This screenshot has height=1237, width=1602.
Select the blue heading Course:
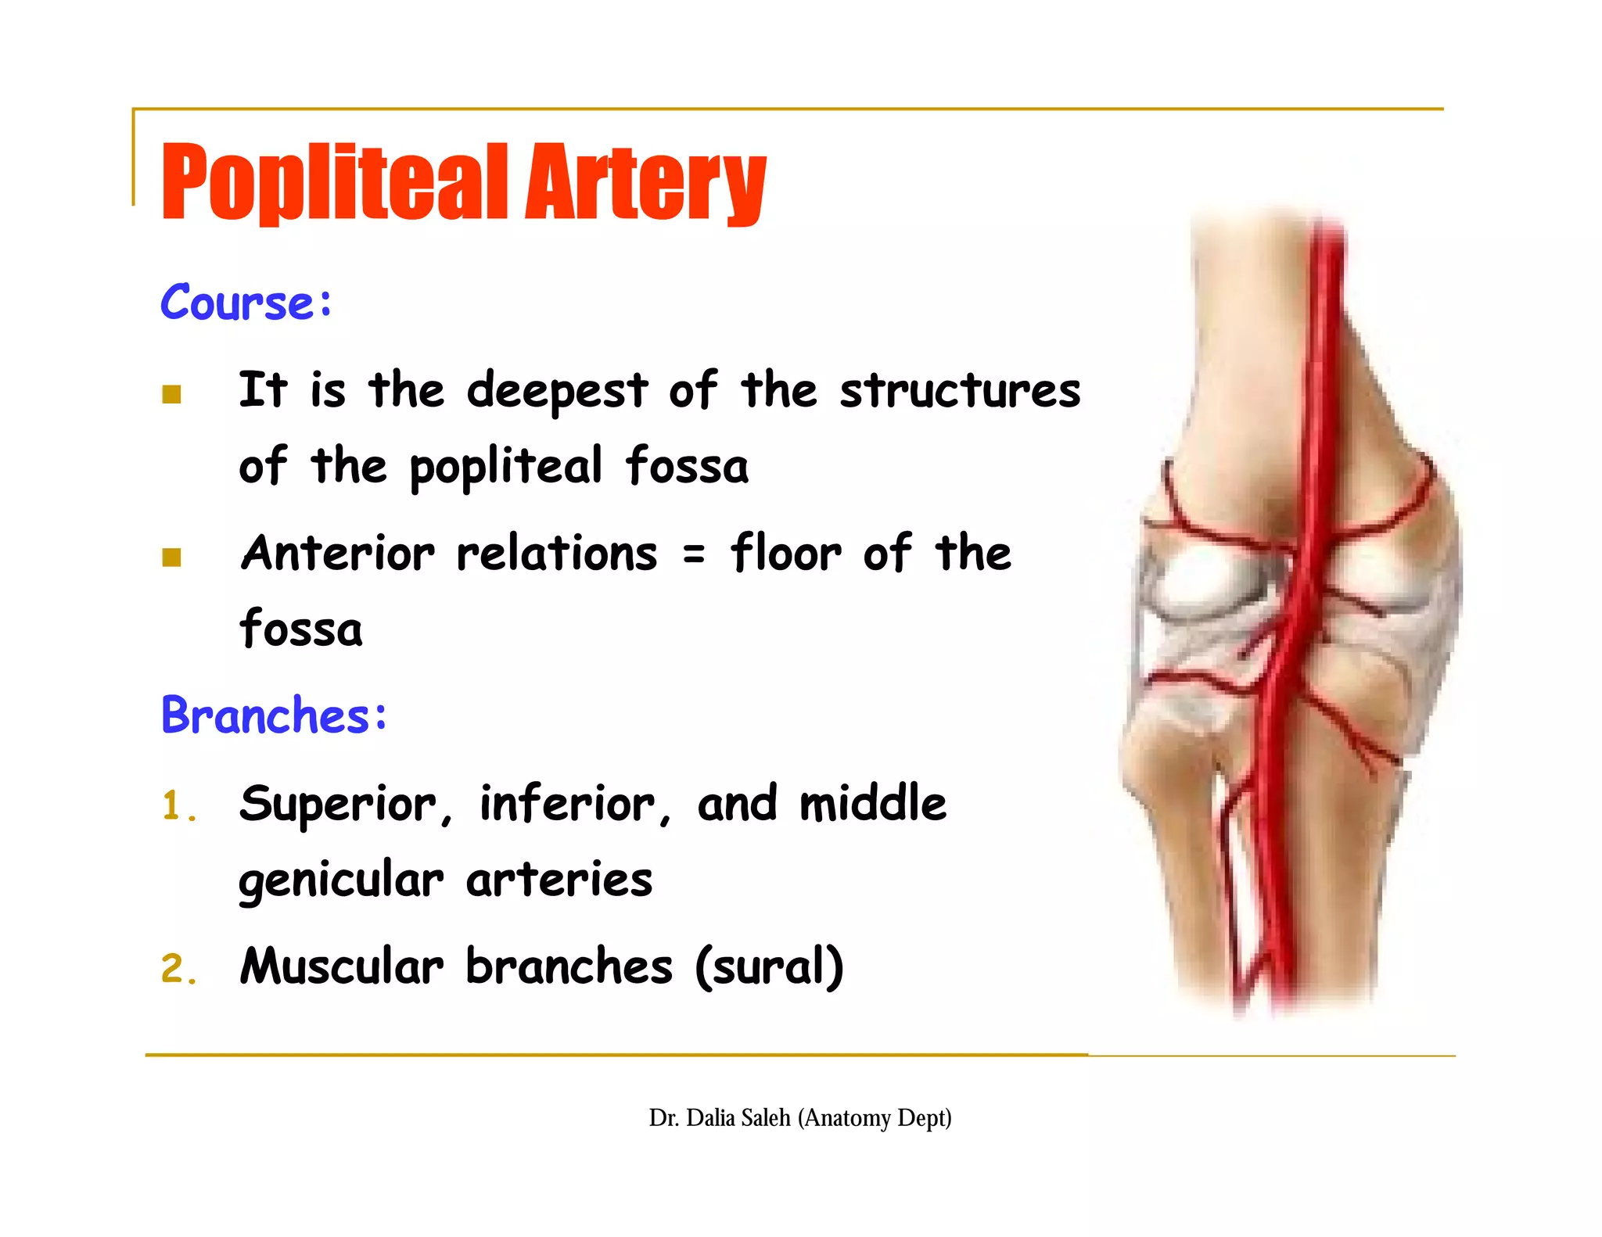coord(246,303)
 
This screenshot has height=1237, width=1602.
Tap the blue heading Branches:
coord(274,715)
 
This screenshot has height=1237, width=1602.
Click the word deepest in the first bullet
coord(557,390)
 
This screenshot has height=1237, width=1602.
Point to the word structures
coord(960,390)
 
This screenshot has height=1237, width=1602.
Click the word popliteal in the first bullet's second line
coord(506,467)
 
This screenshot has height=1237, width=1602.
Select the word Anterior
coord(337,554)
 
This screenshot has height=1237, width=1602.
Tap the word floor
coord(786,554)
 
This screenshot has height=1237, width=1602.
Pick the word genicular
coord(340,880)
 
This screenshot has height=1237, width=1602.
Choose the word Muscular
coord(341,966)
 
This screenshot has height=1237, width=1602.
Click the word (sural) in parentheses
coord(770,966)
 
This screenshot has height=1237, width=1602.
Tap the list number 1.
coord(174,806)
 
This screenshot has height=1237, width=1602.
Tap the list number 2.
coord(174,969)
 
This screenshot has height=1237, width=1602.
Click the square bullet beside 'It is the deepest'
coord(171,394)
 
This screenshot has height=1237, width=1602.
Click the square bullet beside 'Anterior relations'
coord(171,557)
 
